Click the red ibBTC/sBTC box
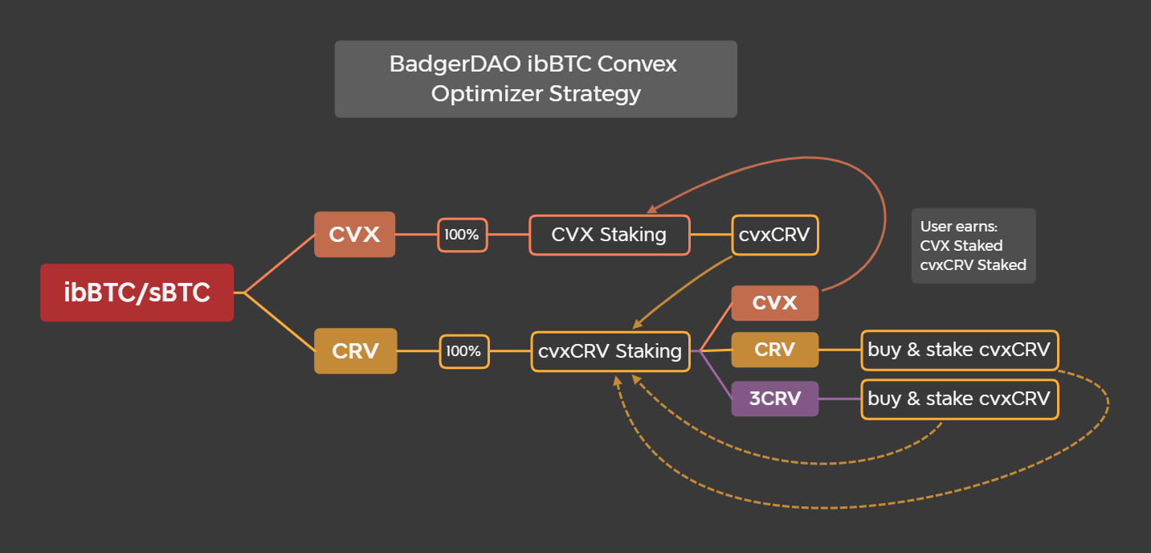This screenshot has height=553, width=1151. (x=137, y=293)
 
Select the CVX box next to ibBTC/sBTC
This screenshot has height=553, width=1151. (x=354, y=235)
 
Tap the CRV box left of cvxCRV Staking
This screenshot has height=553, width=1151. (x=355, y=351)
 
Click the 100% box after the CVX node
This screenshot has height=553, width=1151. (x=462, y=235)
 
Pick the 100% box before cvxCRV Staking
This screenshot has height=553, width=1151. (x=463, y=351)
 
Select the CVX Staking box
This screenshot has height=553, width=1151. (x=609, y=235)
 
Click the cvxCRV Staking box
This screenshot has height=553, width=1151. (x=610, y=351)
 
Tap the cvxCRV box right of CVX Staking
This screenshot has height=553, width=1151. (x=774, y=235)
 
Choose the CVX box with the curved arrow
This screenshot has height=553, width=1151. (x=774, y=303)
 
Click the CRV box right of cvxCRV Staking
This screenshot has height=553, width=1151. (x=774, y=350)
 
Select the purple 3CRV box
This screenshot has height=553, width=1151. (x=774, y=399)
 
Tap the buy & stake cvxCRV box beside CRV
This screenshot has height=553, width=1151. (x=959, y=350)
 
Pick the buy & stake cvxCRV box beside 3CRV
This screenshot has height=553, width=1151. (x=959, y=399)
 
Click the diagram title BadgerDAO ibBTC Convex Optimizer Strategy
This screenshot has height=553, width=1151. (x=535, y=79)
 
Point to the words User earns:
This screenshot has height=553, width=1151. (x=958, y=227)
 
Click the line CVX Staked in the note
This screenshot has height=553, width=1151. (x=961, y=246)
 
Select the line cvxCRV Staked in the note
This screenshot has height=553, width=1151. (x=973, y=264)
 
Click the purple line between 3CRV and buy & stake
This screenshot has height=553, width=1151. (x=839, y=399)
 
